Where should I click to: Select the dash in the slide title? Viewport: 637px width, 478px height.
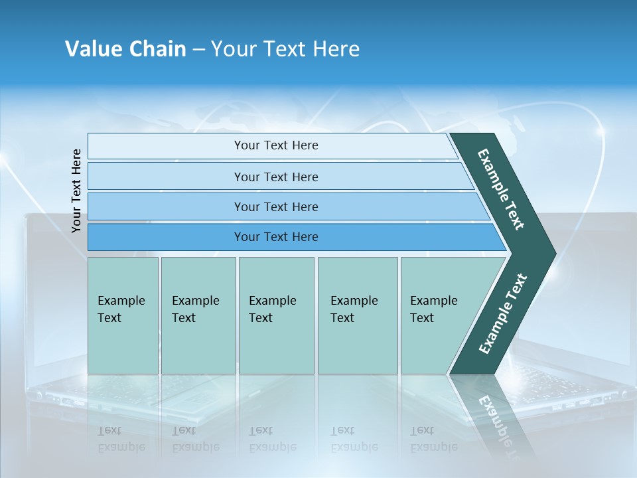tap(198, 50)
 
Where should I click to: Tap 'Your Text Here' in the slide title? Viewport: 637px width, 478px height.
tap(285, 49)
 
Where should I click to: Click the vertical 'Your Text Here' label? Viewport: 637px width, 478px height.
tap(76, 191)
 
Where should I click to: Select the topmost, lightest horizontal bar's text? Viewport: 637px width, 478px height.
tap(276, 145)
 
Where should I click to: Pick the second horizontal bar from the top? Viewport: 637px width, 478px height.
tap(276, 177)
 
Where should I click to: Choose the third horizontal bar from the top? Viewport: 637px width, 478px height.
tap(276, 206)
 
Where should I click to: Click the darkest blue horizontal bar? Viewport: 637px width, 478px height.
tap(276, 237)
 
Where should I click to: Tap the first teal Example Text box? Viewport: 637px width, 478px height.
tap(123, 315)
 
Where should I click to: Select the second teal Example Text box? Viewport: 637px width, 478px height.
tap(198, 315)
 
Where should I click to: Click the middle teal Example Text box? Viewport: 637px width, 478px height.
tap(276, 315)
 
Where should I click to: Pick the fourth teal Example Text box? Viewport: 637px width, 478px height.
tap(357, 315)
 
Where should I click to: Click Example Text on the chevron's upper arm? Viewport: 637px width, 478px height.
tap(502, 189)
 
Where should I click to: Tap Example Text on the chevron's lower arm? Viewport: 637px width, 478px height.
tap(502, 314)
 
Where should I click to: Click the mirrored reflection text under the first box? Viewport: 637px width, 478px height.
tap(121, 439)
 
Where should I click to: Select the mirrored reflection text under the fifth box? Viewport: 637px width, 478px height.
tap(433, 439)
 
